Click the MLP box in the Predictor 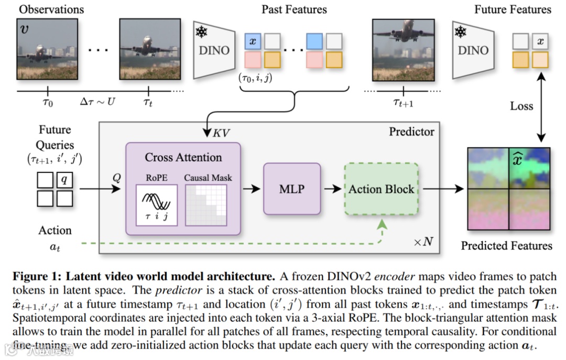tap(292, 189)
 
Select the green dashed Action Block tap(382, 189)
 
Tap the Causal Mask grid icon tap(206, 205)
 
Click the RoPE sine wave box tap(157, 205)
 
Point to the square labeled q tap(64, 180)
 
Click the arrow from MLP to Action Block tap(332, 189)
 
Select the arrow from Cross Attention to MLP tap(252, 189)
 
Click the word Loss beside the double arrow tap(521, 106)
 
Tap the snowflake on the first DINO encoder tap(201, 32)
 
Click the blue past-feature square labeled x tap(253, 41)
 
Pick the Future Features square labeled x tap(540, 41)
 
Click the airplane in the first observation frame tap(40, 53)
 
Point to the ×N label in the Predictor tap(423, 241)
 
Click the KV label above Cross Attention tap(221, 133)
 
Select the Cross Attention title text tap(183, 157)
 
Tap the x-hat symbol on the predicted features tap(518, 159)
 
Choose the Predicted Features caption tap(506, 246)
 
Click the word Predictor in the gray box tap(411, 132)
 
